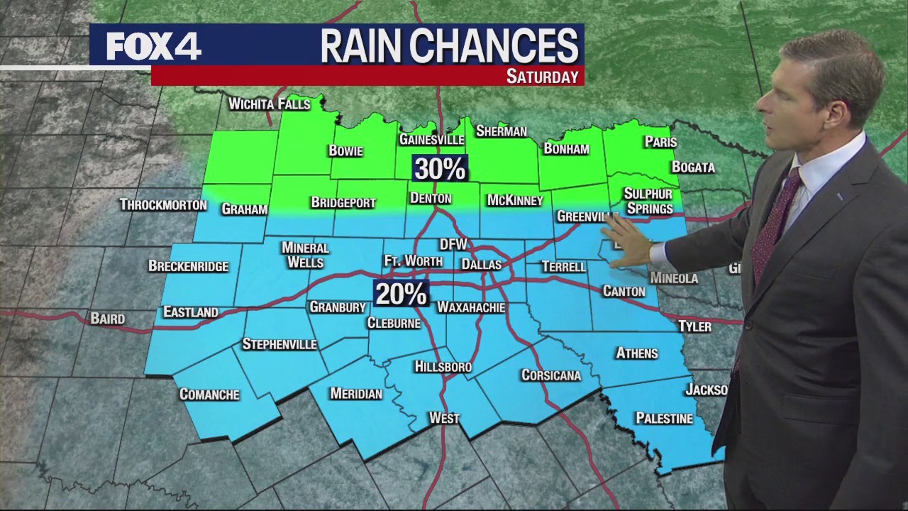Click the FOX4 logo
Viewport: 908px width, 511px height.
coord(153,46)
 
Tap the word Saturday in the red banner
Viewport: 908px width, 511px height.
coord(542,77)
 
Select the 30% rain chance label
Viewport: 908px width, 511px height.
coord(440,169)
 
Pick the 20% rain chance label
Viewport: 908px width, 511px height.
coord(401,294)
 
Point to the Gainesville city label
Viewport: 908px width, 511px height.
coord(431,139)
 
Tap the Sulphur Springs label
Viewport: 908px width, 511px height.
coord(648,202)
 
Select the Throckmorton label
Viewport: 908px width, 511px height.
coord(163,205)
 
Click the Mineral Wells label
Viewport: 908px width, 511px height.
coord(305,255)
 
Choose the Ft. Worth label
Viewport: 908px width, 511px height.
coord(413,261)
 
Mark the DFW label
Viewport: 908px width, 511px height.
coord(453,244)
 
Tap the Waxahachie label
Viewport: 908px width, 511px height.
coord(470,307)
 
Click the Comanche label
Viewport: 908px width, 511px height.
coord(209,395)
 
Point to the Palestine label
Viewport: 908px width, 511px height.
coord(664,419)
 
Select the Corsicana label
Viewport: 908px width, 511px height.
coord(550,375)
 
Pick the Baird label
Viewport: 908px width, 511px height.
coord(108,319)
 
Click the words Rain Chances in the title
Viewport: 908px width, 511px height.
coord(449,46)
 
